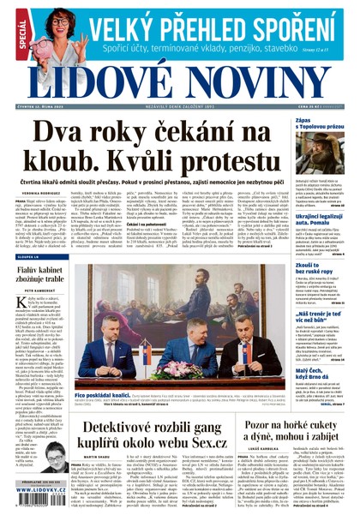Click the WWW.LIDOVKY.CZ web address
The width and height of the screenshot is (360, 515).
(x=37, y=507)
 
